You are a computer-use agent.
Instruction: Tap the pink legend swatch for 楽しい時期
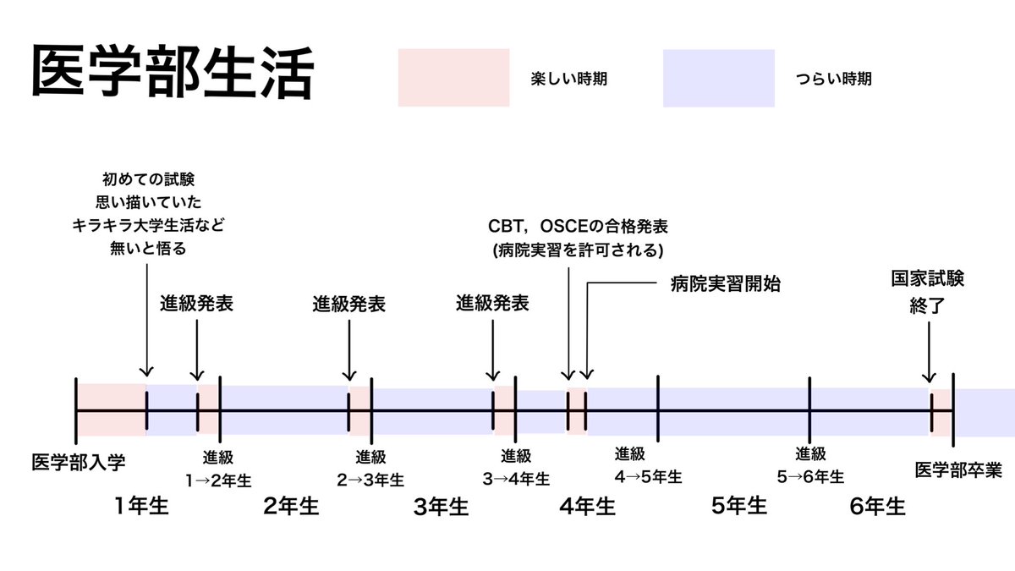[x=453, y=78]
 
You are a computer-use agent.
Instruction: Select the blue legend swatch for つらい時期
[x=718, y=78]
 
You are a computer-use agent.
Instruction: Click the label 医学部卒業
[x=957, y=469]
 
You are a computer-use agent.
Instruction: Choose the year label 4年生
[x=587, y=507]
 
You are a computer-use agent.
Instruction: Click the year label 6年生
[x=878, y=507]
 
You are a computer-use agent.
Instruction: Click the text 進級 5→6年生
[x=810, y=464]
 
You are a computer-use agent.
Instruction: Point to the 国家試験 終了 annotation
[x=927, y=291]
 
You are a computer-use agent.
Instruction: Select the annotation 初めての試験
[x=148, y=179]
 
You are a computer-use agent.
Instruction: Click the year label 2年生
[x=290, y=507]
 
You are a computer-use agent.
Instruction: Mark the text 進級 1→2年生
[x=218, y=468]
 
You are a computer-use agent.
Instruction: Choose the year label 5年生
[x=738, y=507]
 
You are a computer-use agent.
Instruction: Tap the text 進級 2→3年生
[x=370, y=468]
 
